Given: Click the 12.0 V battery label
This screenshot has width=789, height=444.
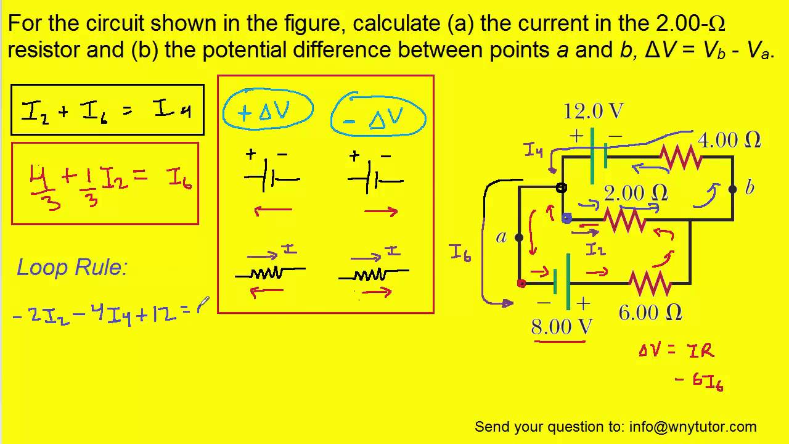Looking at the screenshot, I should tap(593, 112).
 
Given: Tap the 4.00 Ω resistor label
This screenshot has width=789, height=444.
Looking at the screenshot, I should tap(729, 141).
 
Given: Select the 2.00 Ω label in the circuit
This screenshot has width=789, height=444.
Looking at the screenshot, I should tap(636, 193).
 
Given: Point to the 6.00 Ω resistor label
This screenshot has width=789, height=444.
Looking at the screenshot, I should tap(650, 313).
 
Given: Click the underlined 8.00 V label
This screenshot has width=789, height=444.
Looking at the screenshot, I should tap(562, 327).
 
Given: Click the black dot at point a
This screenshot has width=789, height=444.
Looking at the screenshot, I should tap(519, 237).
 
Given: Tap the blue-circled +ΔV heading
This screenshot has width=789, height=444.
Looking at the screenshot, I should tap(268, 112).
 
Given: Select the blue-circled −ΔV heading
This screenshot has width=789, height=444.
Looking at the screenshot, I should tap(378, 117).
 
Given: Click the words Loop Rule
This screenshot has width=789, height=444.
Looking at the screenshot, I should tap(72, 268).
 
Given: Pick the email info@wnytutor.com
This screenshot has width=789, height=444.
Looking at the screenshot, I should tap(692, 427).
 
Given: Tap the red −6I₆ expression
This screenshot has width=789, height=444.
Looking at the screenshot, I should tap(699, 381).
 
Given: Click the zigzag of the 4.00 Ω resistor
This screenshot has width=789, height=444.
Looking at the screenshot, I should tap(681, 157).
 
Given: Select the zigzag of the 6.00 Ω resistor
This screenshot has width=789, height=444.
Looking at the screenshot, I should tap(650, 283).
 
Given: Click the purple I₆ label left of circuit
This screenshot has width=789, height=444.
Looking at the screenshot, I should tap(460, 252).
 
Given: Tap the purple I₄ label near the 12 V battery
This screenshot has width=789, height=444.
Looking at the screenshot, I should tap(533, 150).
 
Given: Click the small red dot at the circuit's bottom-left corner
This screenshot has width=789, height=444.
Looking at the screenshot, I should tap(521, 284).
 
